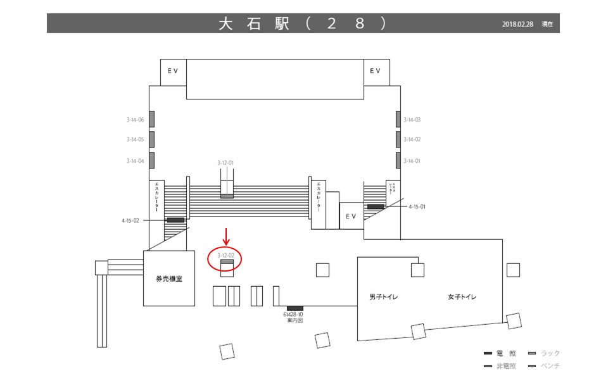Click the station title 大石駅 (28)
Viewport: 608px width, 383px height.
pyautogui.click(x=303, y=23)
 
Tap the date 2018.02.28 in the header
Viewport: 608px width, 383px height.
pyautogui.click(x=518, y=24)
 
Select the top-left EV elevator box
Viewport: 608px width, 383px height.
pyautogui.click(x=173, y=71)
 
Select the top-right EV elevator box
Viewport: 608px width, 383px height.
pyautogui.click(x=376, y=71)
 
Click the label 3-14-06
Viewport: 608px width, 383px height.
pyautogui.click(x=136, y=119)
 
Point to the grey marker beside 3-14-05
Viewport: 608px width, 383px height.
pyautogui.click(x=152, y=139)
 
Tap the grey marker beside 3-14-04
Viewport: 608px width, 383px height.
pyautogui.click(x=152, y=160)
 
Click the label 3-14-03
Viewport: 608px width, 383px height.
pyautogui.click(x=412, y=119)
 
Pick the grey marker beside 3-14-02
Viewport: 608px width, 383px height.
pyautogui.click(x=399, y=139)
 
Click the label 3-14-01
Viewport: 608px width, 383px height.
pyautogui.click(x=412, y=161)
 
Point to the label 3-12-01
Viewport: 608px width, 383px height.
pyautogui.click(x=225, y=163)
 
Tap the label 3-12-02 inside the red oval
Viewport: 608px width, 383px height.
pyautogui.click(x=226, y=255)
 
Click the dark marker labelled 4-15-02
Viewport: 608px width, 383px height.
pyautogui.click(x=175, y=220)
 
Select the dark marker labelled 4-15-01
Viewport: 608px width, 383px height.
pyautogui.click(x=376, y=207)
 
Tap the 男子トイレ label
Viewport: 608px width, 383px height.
pyautogui.click(x=384, y=297)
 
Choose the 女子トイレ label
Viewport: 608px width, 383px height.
pyautogui.click(x=462, y=297)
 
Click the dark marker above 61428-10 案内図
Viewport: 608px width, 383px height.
pyautogui.click(x=295, y=308)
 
